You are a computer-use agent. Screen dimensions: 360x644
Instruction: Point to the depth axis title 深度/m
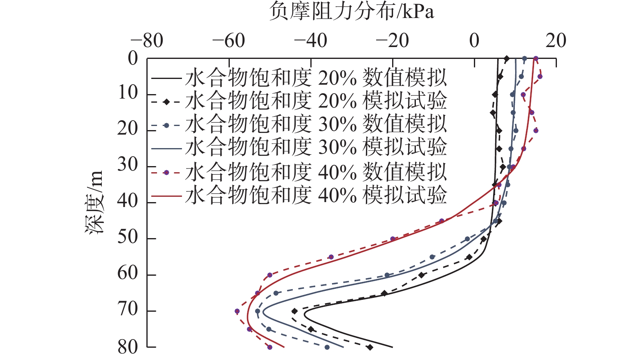tap(94, 202)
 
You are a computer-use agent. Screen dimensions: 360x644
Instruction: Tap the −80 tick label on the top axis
tap(147, 41)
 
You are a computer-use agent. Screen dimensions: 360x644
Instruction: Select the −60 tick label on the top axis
tap(229, 41)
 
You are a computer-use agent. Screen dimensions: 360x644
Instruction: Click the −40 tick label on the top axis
tap(310, 41)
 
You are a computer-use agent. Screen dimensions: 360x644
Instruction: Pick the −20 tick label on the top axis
tap(392, 41)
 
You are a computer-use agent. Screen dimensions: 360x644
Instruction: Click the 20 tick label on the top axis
tap(556, 41)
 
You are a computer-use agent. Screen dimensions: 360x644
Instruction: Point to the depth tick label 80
tap(128, 347)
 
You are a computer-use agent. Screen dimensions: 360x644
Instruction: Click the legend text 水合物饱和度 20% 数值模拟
tap(316, 78)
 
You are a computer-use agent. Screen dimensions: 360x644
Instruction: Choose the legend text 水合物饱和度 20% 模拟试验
tap(316, 101)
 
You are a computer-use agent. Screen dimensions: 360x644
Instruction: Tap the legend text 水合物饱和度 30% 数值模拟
tap(316, 125)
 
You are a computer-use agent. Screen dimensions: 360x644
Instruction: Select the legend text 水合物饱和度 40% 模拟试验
tap(316, 195)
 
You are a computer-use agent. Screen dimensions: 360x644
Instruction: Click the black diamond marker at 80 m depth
tap(370, 347)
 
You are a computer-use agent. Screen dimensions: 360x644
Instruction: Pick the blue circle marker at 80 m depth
tap(327, 347)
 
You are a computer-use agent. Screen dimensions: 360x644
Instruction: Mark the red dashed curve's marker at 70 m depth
tap(237, 311)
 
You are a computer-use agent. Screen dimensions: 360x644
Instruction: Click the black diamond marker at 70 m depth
tap(294, 311)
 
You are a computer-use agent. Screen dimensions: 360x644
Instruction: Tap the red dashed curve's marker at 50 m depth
tap(393, 239)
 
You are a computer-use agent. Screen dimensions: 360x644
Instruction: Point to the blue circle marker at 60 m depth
tap(387, 275)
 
